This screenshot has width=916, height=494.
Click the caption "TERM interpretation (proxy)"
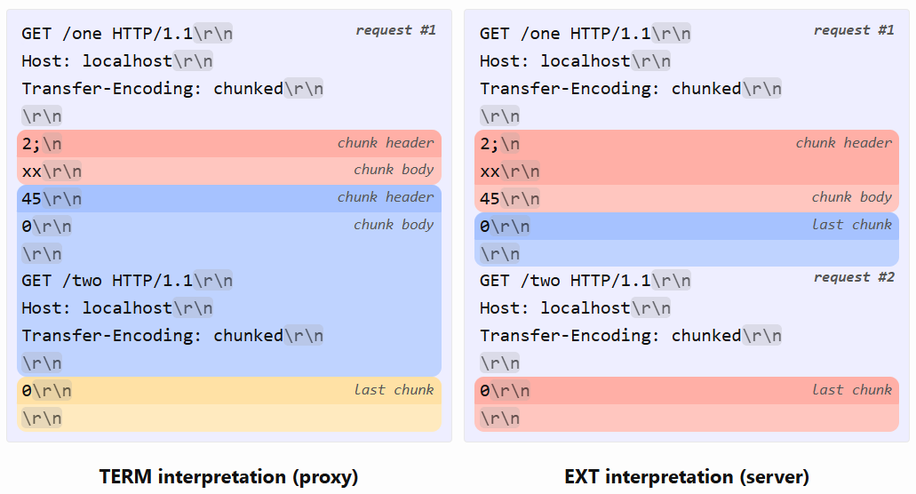click(228, 476)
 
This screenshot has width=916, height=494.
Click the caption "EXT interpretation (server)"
click(687, 476)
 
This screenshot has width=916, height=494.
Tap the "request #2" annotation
click(854, 277)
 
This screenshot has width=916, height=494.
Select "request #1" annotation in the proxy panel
click(396, 30)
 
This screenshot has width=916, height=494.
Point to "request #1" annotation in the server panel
click(854, 30)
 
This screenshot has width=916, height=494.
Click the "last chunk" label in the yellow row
click(394, 389)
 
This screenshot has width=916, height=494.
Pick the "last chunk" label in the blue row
click(852, 224)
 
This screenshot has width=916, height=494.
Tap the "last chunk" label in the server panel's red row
click(852, 389)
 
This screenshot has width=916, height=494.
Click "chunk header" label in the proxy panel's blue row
click(386, 196)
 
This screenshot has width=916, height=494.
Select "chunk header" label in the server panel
click(844, 142)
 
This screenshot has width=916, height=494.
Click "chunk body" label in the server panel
click(852, 196)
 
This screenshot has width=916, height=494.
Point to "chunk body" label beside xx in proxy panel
click(394, 170)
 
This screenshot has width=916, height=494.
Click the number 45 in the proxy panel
click(32, 198)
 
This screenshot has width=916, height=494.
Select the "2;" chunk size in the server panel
click(490, 144)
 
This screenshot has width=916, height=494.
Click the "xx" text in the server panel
click(490, 171)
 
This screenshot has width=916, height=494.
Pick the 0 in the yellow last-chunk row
click(27, 391)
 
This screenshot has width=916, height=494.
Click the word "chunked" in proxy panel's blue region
click(248, 335)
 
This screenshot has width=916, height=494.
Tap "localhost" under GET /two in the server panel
click(585, 307)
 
